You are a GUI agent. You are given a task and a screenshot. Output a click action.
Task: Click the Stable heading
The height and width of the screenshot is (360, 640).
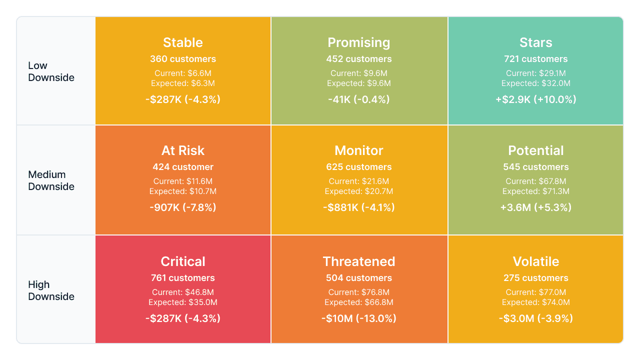pyautogui.click(x=183, y=42)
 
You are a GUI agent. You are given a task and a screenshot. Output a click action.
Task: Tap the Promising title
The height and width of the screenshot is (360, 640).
pyautogui.click(x=359, y=43)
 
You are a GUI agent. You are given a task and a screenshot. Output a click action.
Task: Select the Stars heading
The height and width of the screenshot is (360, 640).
pyautogui.click(x=535, y=42)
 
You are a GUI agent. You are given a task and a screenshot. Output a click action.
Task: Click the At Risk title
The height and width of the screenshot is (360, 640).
pyautogui.click(x=183, y=150)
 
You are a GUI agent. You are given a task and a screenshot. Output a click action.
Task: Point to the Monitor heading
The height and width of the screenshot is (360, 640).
pyautogui.click(x=359, y=150)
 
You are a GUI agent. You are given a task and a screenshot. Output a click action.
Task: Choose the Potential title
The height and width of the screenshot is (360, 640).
pyautogui.click(x=535, y=150)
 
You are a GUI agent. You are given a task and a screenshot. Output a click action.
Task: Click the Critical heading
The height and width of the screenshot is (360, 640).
pyautogui.click(x=183, y=261)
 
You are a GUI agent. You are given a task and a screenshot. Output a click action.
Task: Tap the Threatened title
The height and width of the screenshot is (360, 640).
pyautogui.click(x=359, y=261)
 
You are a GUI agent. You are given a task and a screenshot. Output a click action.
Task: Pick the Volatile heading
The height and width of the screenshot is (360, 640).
pyautogui.click(x=535, y=261)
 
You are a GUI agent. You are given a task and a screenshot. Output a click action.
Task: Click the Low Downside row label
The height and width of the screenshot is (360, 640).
pyautogui.click(x=51, y=71)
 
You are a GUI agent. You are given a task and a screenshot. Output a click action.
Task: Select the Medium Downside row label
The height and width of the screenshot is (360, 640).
pyautogui.click(x=51, y=180)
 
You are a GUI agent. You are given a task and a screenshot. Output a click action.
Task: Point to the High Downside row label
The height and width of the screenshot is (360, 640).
pyautogui.click(x=51, y=290)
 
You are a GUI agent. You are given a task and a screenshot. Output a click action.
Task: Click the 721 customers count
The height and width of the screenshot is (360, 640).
pyautogui.click(x=535, y=59)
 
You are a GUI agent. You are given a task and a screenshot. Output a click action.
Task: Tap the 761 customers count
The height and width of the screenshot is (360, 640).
pyautogui.click(x=183, y=277)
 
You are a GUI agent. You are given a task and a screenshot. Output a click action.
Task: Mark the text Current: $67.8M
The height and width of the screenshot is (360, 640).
pyautogui.click(x=535, y=181)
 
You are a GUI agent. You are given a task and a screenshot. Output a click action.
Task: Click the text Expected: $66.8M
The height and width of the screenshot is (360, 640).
pyautogui.click(x=359, y=302)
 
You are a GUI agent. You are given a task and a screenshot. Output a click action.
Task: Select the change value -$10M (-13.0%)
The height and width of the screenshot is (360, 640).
pyautogui.click(x=359, y=318)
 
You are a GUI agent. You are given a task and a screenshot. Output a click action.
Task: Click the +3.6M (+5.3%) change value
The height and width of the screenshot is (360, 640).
pyautogui.click(x=535, y=207)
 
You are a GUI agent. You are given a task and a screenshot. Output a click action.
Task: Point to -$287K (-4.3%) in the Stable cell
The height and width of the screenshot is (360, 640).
pyautogui.click(x=183, y=99)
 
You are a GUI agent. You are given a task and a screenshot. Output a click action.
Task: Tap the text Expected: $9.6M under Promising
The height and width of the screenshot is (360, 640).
pyautogui.click(x=359, y=83)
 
